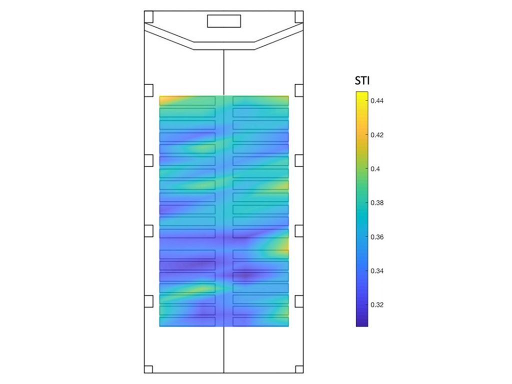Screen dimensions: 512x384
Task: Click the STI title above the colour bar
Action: [362, 80]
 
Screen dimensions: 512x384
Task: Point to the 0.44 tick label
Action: [377, 101]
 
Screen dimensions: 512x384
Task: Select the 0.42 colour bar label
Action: [377, 135]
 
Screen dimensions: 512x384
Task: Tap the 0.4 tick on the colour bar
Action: [375, 169]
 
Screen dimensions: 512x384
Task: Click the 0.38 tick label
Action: [377, 203]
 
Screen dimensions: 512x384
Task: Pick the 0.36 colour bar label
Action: [377, 236]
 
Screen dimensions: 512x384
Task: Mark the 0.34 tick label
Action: [377, 270]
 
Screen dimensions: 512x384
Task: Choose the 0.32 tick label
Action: [377, 304]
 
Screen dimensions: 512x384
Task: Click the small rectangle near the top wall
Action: [224, 21]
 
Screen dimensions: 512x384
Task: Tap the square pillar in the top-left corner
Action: [148, 17]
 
